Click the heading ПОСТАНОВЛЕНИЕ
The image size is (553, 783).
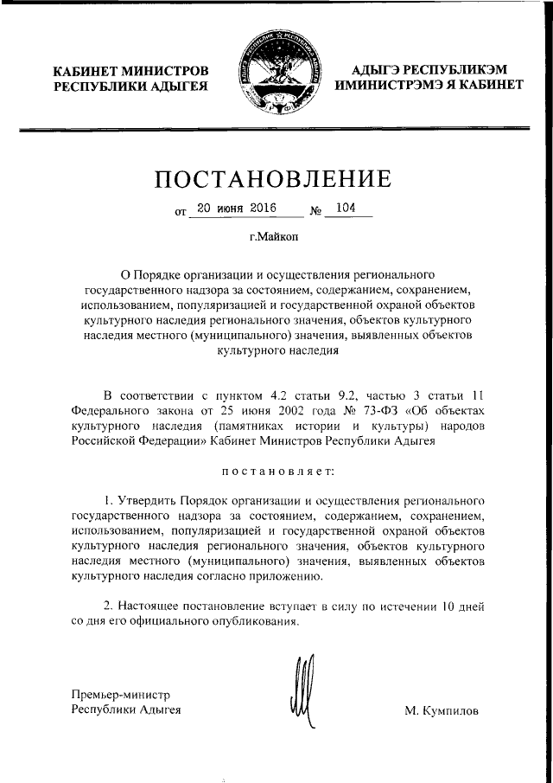click(x=273, y=180)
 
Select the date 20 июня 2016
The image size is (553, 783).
click(x=232, y=209)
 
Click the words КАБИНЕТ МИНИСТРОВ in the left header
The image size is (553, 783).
click(x=130, y=70)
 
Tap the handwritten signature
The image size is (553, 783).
click(x=298, y=692)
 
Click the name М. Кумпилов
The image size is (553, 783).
click(x=441, y=710)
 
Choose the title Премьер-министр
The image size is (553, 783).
click(x=121, y=694)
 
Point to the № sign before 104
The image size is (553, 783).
click(x=316, y=210)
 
